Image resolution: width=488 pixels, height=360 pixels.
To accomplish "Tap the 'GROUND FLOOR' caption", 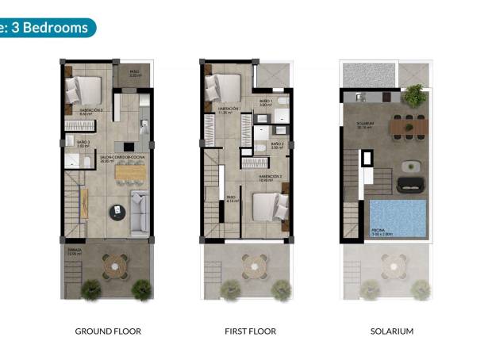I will (108, 331).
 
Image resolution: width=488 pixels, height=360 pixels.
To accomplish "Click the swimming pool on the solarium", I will (398, 217).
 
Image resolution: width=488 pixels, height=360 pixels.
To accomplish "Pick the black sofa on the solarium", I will (412, 184).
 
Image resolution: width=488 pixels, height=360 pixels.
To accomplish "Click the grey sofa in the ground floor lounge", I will (140, 213).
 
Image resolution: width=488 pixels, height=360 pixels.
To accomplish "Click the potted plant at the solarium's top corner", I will (413, 96).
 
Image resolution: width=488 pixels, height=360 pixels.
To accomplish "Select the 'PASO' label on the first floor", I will (231, 197).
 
